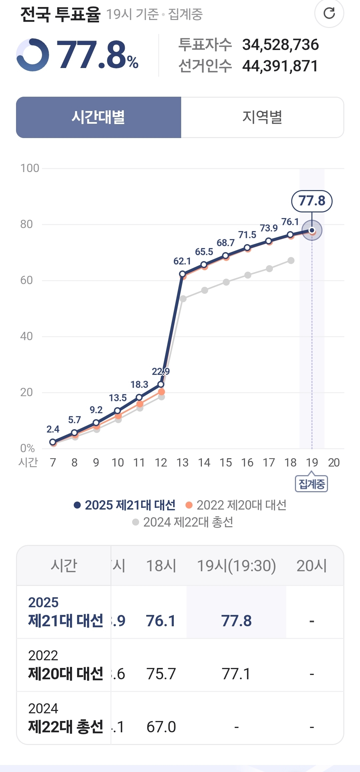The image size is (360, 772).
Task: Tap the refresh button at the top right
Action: coord(329,13)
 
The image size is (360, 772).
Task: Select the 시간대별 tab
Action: coord(98,117)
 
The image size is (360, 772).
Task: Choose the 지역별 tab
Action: coord(262,117)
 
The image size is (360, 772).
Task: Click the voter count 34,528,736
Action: coord(280,45)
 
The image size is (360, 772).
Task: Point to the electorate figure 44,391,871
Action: coord(280,66)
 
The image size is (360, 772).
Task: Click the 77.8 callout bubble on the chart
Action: coord(312,201)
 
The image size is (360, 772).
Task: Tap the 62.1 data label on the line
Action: coord(182,261)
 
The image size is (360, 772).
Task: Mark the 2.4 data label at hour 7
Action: coord(53,429)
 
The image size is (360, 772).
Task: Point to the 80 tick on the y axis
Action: coord(27,224)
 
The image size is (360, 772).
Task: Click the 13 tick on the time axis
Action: coord(183,463)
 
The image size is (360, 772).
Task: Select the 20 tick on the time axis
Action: coord(334,463)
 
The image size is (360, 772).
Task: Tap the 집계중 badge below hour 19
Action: coord(312,484)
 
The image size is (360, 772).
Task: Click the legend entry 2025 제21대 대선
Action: coord(125,505)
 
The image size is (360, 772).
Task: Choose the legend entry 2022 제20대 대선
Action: coord(236,505)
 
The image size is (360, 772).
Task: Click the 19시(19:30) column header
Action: coord(237,566)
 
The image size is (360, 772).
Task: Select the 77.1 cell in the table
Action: coord(236,674)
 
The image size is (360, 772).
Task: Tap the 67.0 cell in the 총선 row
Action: coord(161,727)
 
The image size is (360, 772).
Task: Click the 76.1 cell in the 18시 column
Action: coord(161,621)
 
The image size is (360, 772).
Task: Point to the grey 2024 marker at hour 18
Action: coord(291,260)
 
